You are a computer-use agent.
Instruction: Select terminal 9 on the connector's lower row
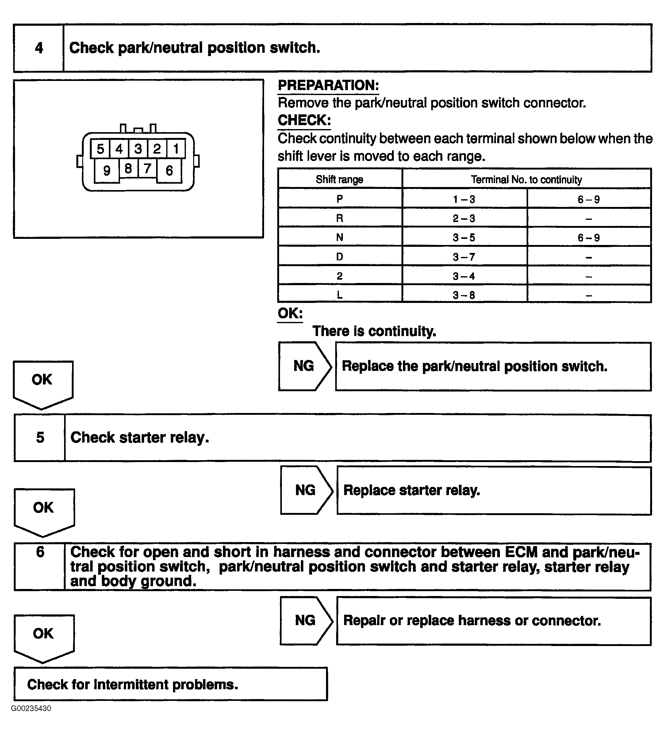click(107, 170)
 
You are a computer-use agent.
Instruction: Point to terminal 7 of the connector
click(147, 168)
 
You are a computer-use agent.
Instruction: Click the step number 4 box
click(39, 48)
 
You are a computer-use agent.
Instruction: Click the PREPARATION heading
click(328, 86)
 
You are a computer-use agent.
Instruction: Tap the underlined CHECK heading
click(304, 120)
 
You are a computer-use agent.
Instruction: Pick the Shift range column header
click(340, 179)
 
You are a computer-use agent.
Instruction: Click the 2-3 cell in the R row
click(464, 218)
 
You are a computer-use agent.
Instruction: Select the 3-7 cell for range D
click(464, 257)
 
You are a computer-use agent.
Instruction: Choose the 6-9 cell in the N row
click(589, 238)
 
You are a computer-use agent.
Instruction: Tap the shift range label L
click(340, 295)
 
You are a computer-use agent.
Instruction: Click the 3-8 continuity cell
click(464, 295)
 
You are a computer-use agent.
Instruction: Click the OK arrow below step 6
click(44, 637)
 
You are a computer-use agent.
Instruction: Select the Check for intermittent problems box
click(171, 684)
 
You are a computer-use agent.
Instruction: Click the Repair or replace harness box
click(493, 621)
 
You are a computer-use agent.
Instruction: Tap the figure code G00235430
click(31, 709)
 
